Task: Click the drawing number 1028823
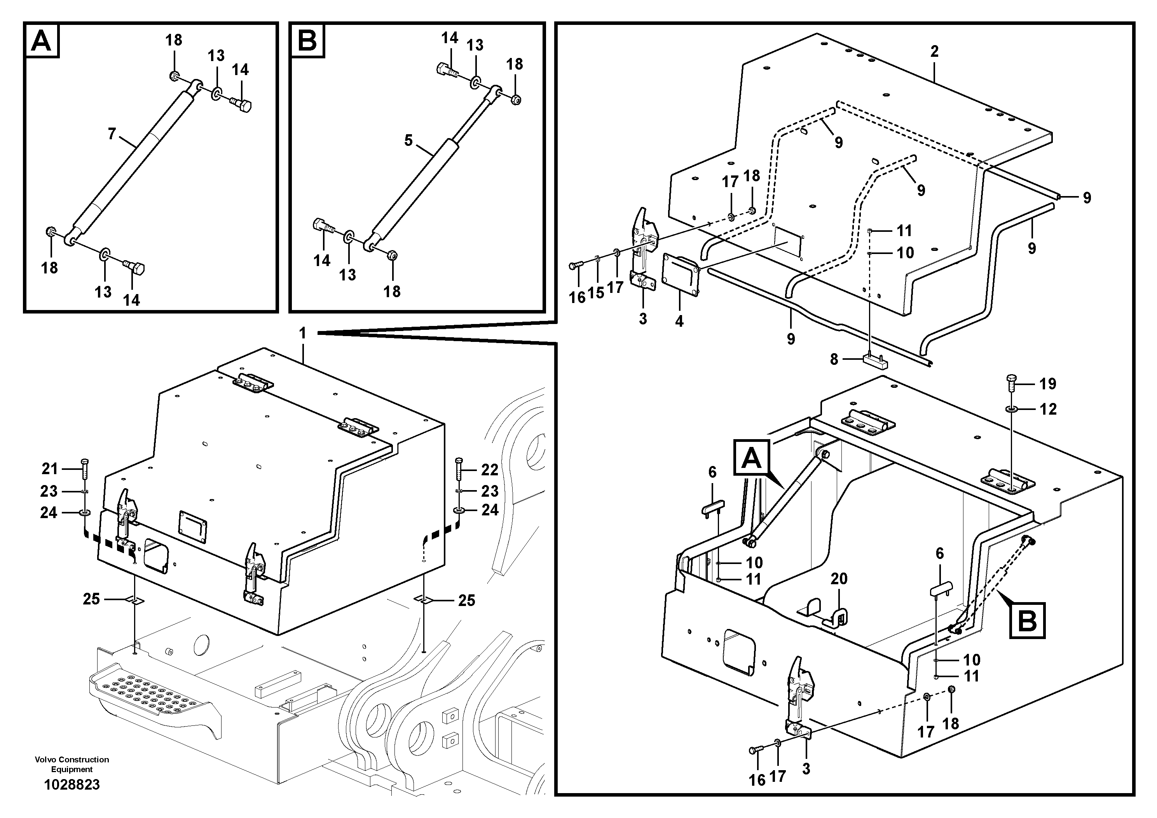point(72,785)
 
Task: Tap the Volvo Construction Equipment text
point(72,764)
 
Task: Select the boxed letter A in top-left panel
point(41,40)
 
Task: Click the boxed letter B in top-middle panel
point(307,40)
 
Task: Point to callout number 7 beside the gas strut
point(112,134)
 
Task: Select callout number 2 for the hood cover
point(934,51)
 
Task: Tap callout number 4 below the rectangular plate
point(679,321)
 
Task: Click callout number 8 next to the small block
point(834,359)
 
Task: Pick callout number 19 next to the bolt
point(1047,384)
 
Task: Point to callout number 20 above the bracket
point(839,578)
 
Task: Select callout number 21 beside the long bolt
point(49,469)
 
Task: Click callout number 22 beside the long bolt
point(489,470)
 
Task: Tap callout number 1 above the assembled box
point(302,333)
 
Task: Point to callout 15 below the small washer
point(596,293)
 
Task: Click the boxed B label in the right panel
point(1027,620)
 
